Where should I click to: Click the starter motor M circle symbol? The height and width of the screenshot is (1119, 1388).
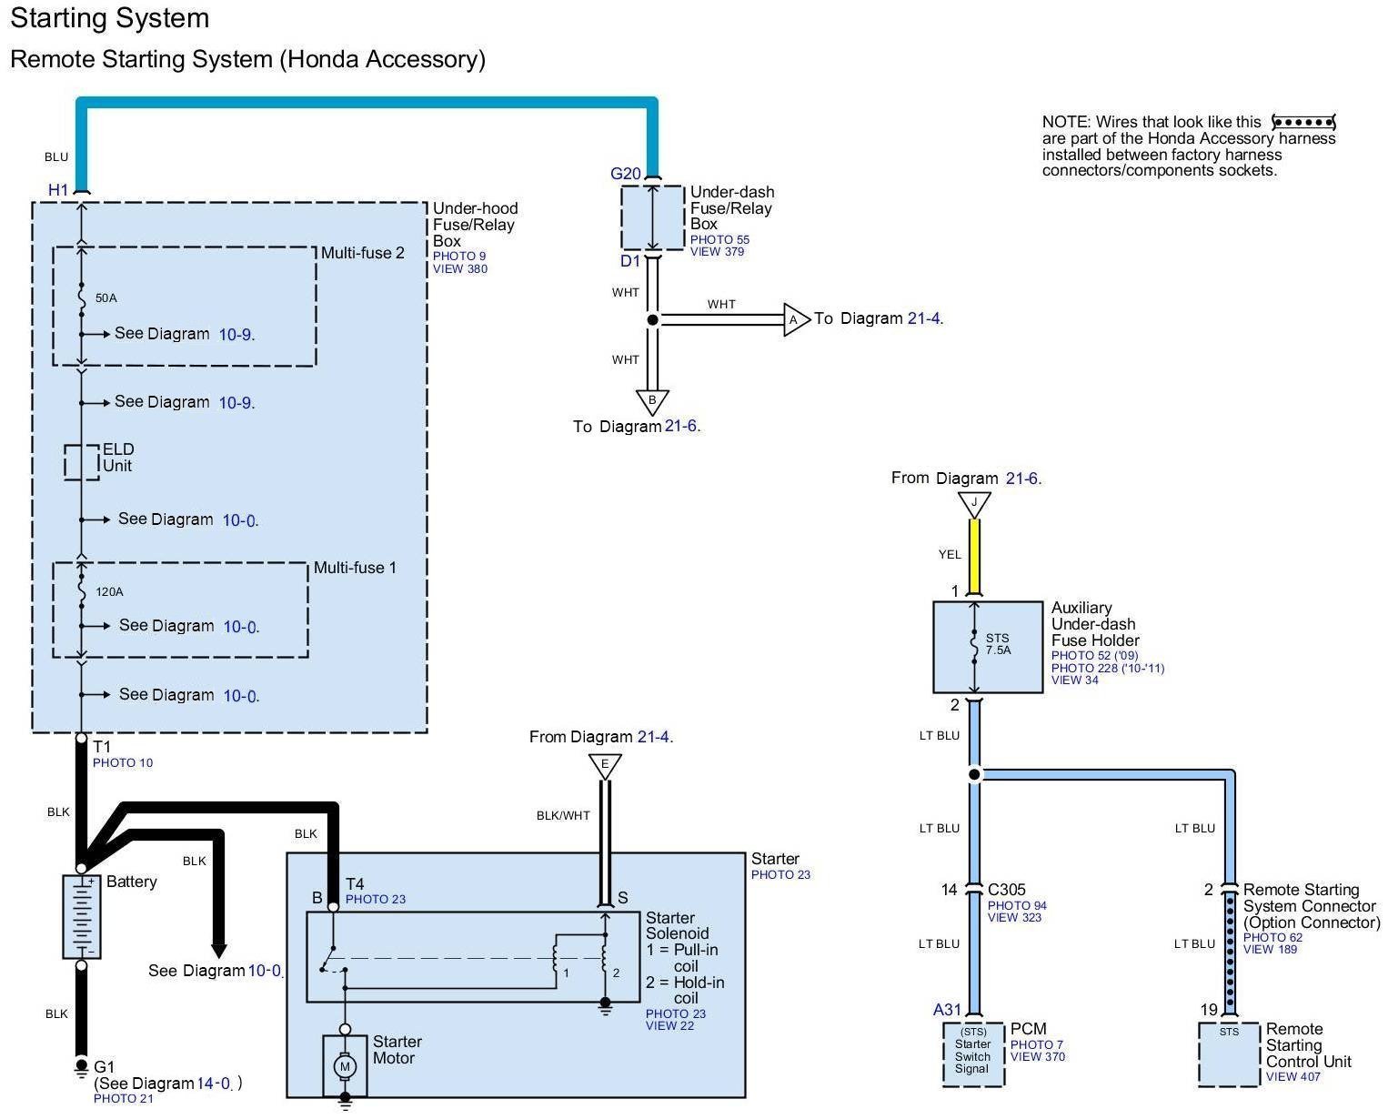click(x=345, y=1067)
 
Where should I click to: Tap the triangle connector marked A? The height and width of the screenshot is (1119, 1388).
click(x=797, y=319)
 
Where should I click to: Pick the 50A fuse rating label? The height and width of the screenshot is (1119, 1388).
click(x=106, y=298)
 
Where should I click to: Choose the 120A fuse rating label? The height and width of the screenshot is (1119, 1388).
click(x=110, y=591)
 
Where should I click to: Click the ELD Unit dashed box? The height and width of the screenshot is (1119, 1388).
click(x=82, y=462)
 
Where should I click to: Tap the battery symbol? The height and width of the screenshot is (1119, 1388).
click(x=81, y=916)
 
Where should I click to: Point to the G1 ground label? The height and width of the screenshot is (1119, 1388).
click(x=104, y=1067)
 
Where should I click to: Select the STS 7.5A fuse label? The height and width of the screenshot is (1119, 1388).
click(x=998, y=644)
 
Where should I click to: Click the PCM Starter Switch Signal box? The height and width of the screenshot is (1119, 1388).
click(x=972, y=1054)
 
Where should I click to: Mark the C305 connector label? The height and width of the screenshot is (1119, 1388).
click(x=1006, y=889)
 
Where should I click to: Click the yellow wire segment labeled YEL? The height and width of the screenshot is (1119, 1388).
click(x=974, y=556)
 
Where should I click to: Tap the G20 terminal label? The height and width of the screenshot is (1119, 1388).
click(x=626, y=174)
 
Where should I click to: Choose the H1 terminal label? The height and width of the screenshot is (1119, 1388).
click(x=58, y=190)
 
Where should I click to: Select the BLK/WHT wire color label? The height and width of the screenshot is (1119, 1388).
click(x=563, y=816)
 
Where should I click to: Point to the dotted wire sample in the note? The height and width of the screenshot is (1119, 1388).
click(x=1303, y=122)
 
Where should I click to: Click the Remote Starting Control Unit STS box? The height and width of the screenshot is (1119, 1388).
click(x=1229, y=1054)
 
